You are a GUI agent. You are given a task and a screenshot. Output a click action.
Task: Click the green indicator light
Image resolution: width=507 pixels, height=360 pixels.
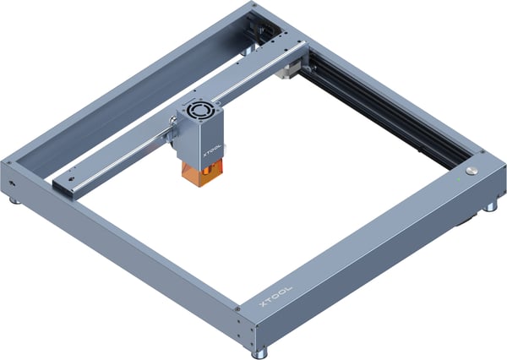pyautogui.click(x=458, y=179)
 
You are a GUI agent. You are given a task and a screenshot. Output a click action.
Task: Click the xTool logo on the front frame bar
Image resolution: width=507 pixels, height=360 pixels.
pyautogui.click(x=276, y=296)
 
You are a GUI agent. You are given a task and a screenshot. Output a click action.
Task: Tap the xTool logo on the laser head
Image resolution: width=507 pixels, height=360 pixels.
pyautogui.click(x=212, y=150)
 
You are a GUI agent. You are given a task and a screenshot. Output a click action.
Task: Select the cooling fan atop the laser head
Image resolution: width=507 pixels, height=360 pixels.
pyautogui.click(x=197, y=111)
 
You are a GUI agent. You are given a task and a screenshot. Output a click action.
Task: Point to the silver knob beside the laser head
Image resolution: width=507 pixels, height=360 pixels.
pyautogui.click(x=172, y=122)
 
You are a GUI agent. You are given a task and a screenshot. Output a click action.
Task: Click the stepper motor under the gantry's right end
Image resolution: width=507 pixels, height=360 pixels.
pyautogui.click(x=286, y=72)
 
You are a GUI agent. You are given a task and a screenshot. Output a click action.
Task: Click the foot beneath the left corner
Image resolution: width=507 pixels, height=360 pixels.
pyautogui.click(x=15, y=201)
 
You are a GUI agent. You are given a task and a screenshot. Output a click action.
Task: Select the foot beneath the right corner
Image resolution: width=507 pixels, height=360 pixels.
pyautogui.click(x=490, y=207)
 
